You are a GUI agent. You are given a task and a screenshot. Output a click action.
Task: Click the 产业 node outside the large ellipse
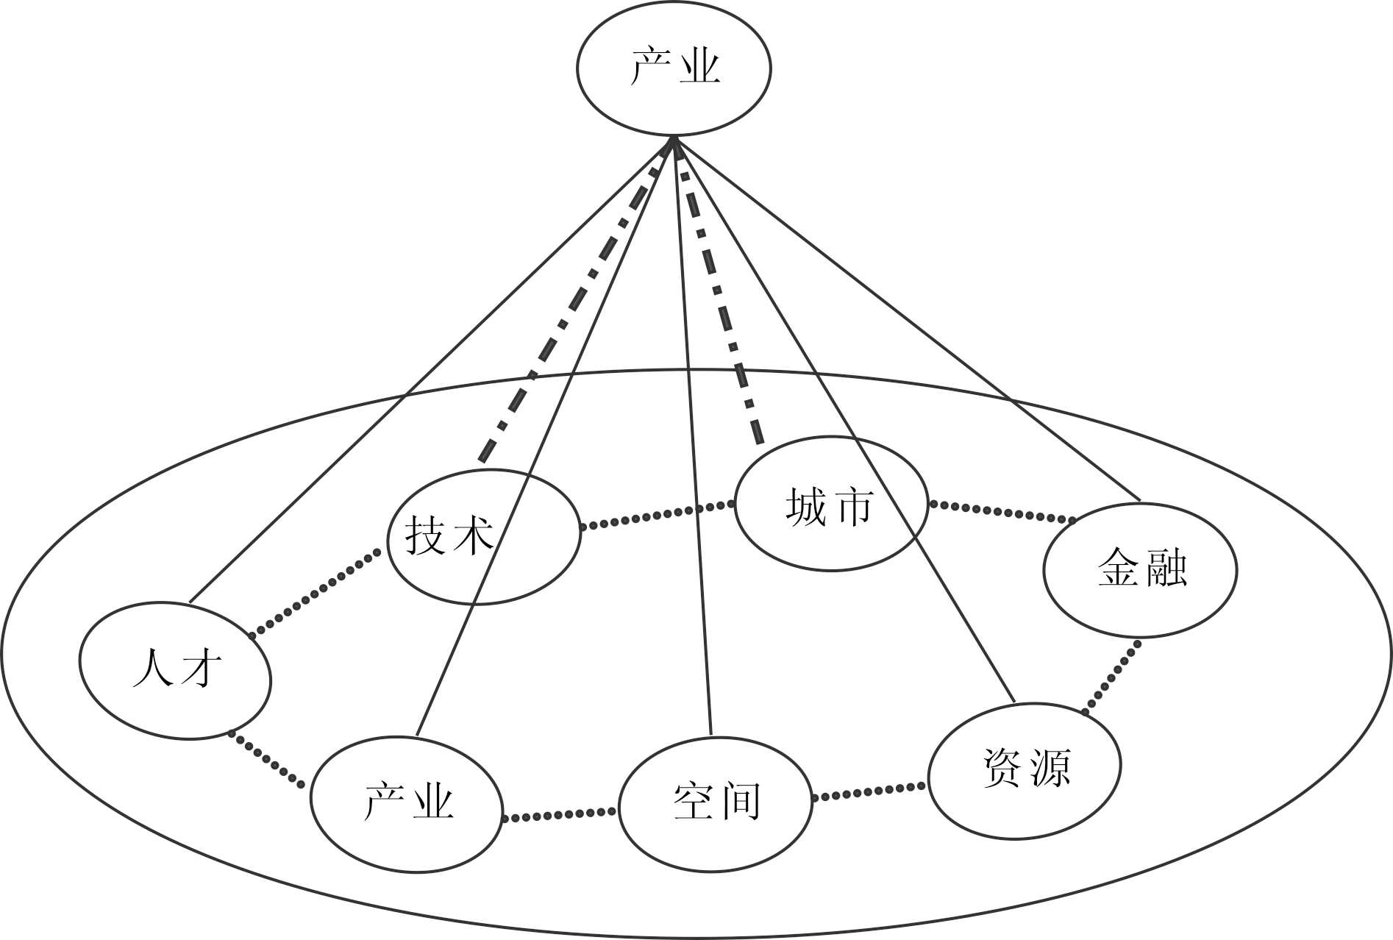674,68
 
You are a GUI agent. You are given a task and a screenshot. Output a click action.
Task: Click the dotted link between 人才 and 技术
317,592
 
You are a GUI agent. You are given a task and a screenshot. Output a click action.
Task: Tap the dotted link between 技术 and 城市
658,515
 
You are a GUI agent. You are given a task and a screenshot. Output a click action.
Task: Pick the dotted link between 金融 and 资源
1111,677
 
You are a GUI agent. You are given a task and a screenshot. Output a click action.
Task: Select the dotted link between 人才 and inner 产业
266,760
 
